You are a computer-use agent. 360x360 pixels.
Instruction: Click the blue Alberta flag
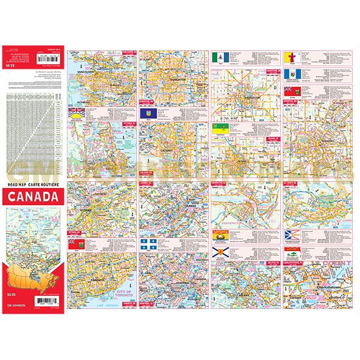click(x=147, y=114)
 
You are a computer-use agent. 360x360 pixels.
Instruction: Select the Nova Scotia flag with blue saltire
click(x=218, y=252)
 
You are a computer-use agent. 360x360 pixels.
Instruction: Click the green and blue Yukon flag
click(x=218, y=58)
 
